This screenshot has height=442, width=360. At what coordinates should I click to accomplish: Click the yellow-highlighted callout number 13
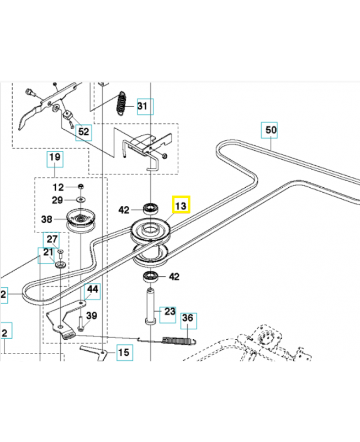coord(181,205)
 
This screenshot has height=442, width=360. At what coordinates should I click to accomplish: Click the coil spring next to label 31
coord(121,103)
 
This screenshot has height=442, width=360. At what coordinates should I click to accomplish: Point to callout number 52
coord(84,131)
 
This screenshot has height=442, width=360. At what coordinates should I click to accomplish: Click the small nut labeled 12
coord(80,187)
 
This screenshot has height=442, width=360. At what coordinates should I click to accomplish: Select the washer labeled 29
coord(81,199)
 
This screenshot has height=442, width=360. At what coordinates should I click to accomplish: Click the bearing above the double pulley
coord(151,209)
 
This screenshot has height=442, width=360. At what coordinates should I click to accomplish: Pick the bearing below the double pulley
coord(151,277)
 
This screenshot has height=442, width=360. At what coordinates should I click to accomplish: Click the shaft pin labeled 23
coord(151,306)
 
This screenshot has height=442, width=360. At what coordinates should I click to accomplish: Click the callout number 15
coord(124,352)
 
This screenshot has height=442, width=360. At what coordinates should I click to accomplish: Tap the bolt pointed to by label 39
coord(80,324)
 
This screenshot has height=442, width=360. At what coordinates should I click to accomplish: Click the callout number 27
coord(52,240)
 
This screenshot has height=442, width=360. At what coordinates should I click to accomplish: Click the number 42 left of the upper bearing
coord(124,210)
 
